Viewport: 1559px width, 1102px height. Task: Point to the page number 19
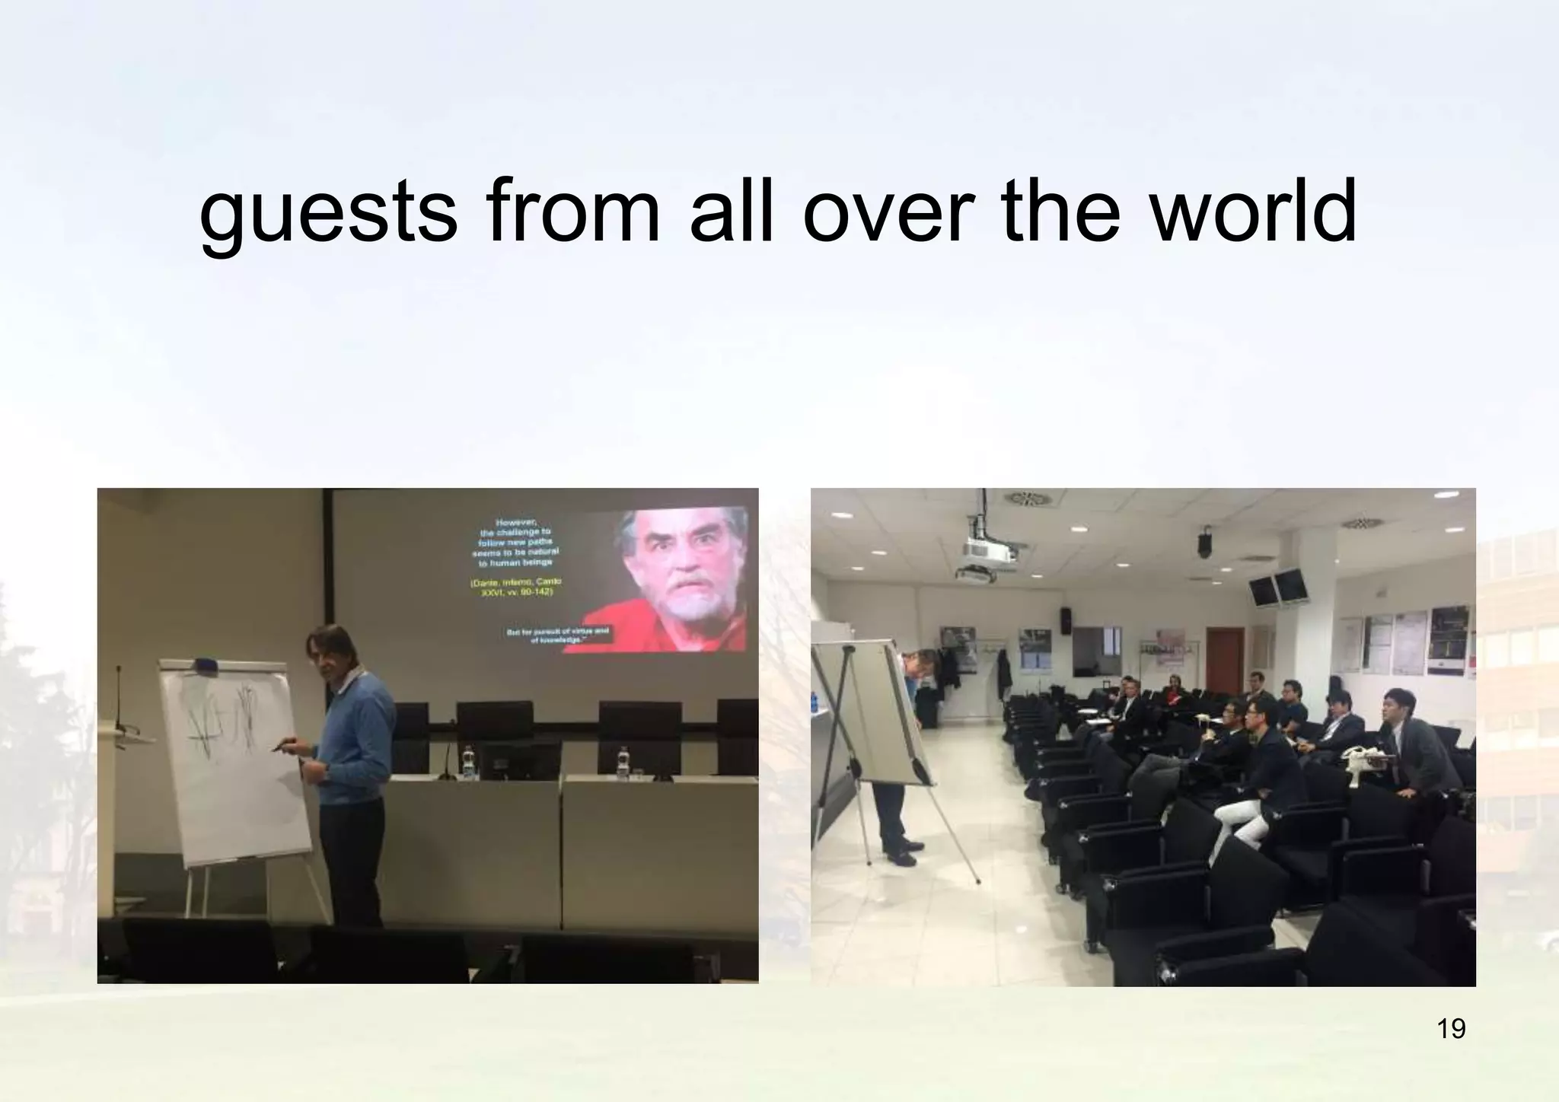[1451, 1028]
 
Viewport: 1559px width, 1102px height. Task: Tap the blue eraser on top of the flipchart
[205, 665]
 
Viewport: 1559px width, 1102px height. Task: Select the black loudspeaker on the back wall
[1066, 620]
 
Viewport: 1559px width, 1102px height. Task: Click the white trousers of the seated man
[1238, 821]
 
